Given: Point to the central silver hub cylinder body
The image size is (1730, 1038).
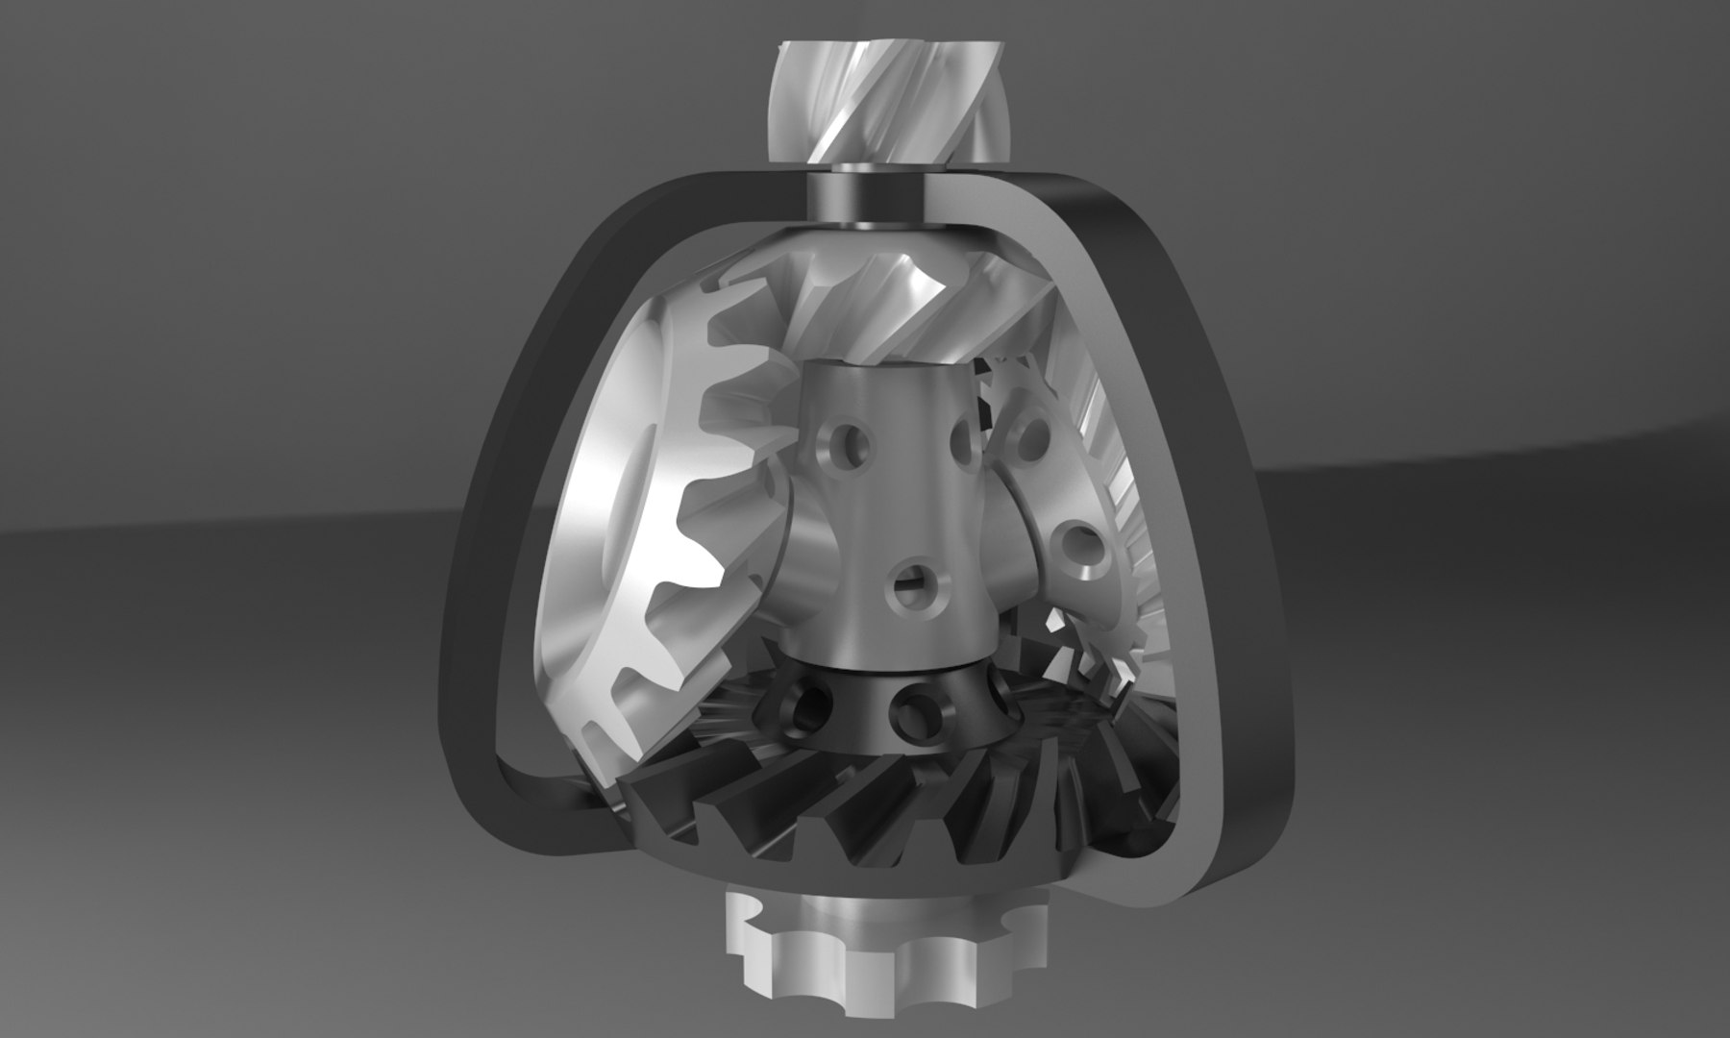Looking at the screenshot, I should (894, 519).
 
